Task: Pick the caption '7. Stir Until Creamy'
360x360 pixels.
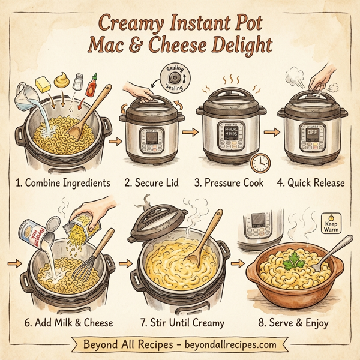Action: coord(182,323)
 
